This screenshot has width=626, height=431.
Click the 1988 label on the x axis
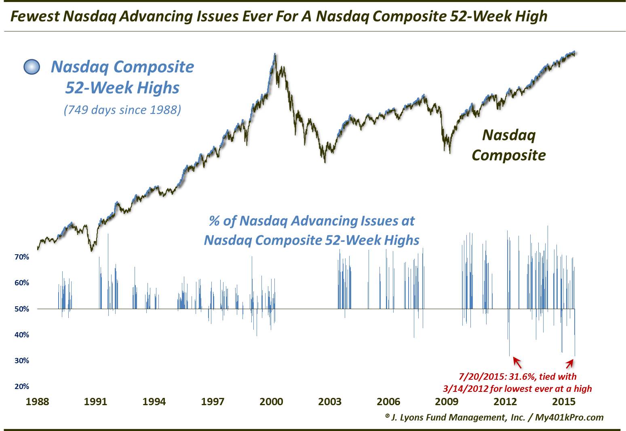[x=37, y=402]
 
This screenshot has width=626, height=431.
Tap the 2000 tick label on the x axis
[x=271, y=402]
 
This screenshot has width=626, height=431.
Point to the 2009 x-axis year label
[x=447, y=402]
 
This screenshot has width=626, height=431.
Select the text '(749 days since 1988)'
[x=122, y=109]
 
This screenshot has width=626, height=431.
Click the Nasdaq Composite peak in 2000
[x=275, y=54]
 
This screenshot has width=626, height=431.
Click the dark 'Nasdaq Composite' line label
[x=509, y=145]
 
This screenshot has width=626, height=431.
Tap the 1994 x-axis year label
[x=154, y=402]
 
